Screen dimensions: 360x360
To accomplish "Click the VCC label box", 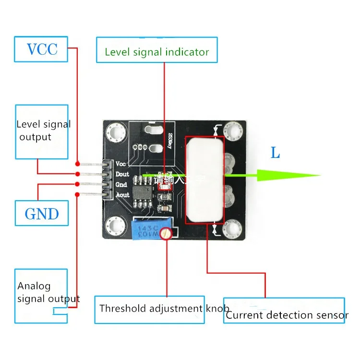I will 42,49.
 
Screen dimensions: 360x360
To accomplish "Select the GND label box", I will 42,214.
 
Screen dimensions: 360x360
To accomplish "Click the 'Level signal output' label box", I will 42,131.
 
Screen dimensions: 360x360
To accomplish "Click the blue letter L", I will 275,154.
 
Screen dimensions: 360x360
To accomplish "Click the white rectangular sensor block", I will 205,180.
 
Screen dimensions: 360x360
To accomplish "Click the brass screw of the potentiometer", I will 166,234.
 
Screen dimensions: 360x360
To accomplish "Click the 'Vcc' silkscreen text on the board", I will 121,164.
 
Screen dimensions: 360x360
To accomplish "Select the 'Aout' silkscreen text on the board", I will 122,195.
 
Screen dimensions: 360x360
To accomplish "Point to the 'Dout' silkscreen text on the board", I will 122,174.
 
